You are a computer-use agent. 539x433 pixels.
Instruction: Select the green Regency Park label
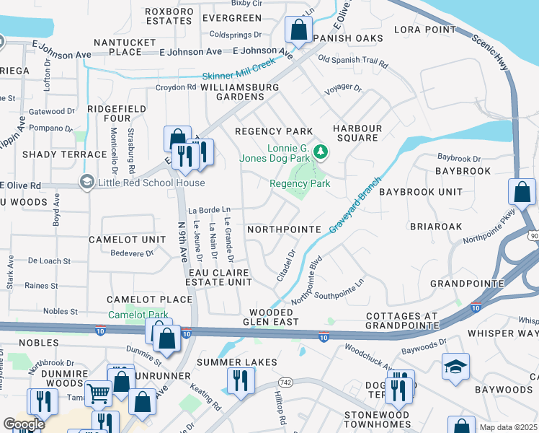click(300, 183)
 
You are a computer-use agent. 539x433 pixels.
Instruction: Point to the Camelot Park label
click(138, 315)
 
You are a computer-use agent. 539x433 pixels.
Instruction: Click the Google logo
click(24, 424)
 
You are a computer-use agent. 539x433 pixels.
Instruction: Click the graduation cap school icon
click(455, 367)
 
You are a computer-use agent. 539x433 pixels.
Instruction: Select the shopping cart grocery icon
click(98, 393)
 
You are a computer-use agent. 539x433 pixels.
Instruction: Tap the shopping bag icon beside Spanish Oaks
click(298, 30)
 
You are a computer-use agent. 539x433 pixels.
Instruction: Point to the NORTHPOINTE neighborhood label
click(283, 229)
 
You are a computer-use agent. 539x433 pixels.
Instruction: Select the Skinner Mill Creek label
click(239, 76)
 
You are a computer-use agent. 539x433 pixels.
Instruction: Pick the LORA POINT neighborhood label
click(425, 30)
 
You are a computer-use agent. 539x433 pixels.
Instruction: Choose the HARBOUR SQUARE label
click(355, 133)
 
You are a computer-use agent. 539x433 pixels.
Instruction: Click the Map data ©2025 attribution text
click(508, 427)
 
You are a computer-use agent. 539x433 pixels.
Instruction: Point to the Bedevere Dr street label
click(132, 253)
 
